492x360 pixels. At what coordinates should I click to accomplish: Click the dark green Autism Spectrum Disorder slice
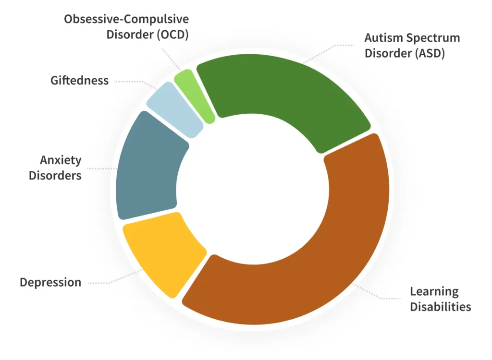(283, 91)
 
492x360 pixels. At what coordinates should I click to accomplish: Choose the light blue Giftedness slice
(174, 108)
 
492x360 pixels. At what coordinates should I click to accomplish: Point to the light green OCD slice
(194, 94)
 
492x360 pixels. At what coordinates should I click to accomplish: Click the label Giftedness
(79, 81)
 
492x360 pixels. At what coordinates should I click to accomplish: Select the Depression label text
(50, 282)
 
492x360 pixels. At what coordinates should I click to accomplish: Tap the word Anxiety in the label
(61, 160)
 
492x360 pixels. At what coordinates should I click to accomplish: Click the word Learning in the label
(434, 291)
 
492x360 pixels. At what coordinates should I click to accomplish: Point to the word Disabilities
(441, 307)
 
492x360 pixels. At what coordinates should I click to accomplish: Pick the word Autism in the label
(383, 37)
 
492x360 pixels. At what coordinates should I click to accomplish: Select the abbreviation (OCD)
(172, 35)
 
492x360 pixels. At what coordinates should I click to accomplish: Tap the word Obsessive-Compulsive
(126, 19)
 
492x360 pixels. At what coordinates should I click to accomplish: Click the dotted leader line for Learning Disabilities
(377, 292)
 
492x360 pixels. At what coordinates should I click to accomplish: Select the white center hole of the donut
(253, 190)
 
